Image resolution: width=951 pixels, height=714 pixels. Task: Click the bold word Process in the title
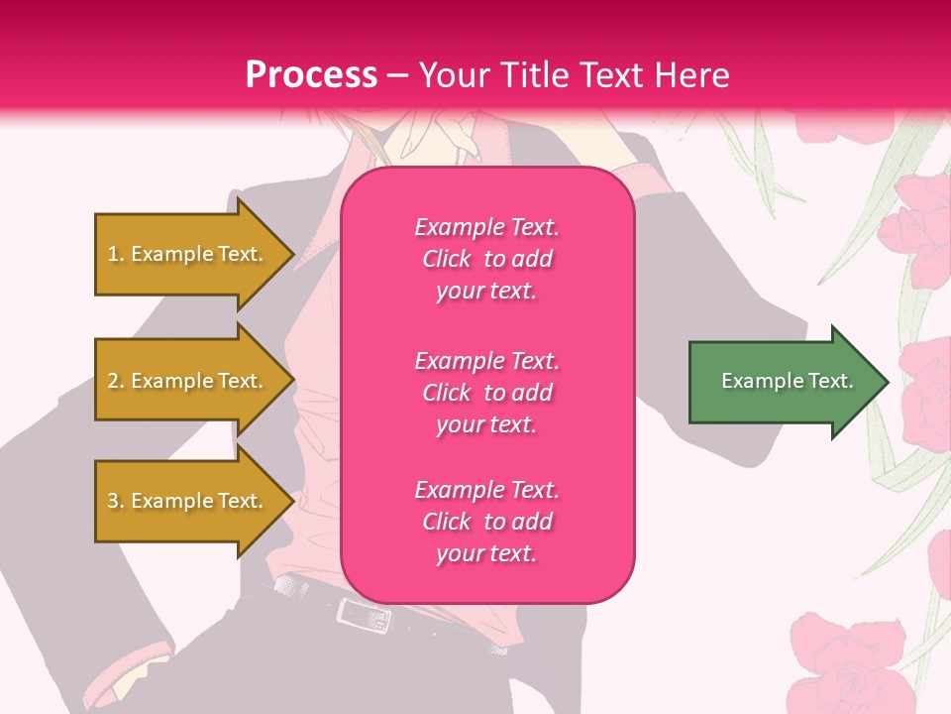coord(311,74)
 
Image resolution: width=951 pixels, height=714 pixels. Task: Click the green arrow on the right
coord(783,381)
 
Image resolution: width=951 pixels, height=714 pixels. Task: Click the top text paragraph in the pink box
coord(486,259)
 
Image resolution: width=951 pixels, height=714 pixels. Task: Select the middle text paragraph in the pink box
coord(486,392)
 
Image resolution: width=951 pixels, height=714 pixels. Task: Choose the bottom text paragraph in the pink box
coord(486,521)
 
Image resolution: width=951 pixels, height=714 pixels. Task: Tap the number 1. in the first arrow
coord(116,254)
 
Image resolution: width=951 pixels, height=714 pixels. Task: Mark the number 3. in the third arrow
coord(116,501)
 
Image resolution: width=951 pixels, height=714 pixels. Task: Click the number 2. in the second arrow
coord(116,381)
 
